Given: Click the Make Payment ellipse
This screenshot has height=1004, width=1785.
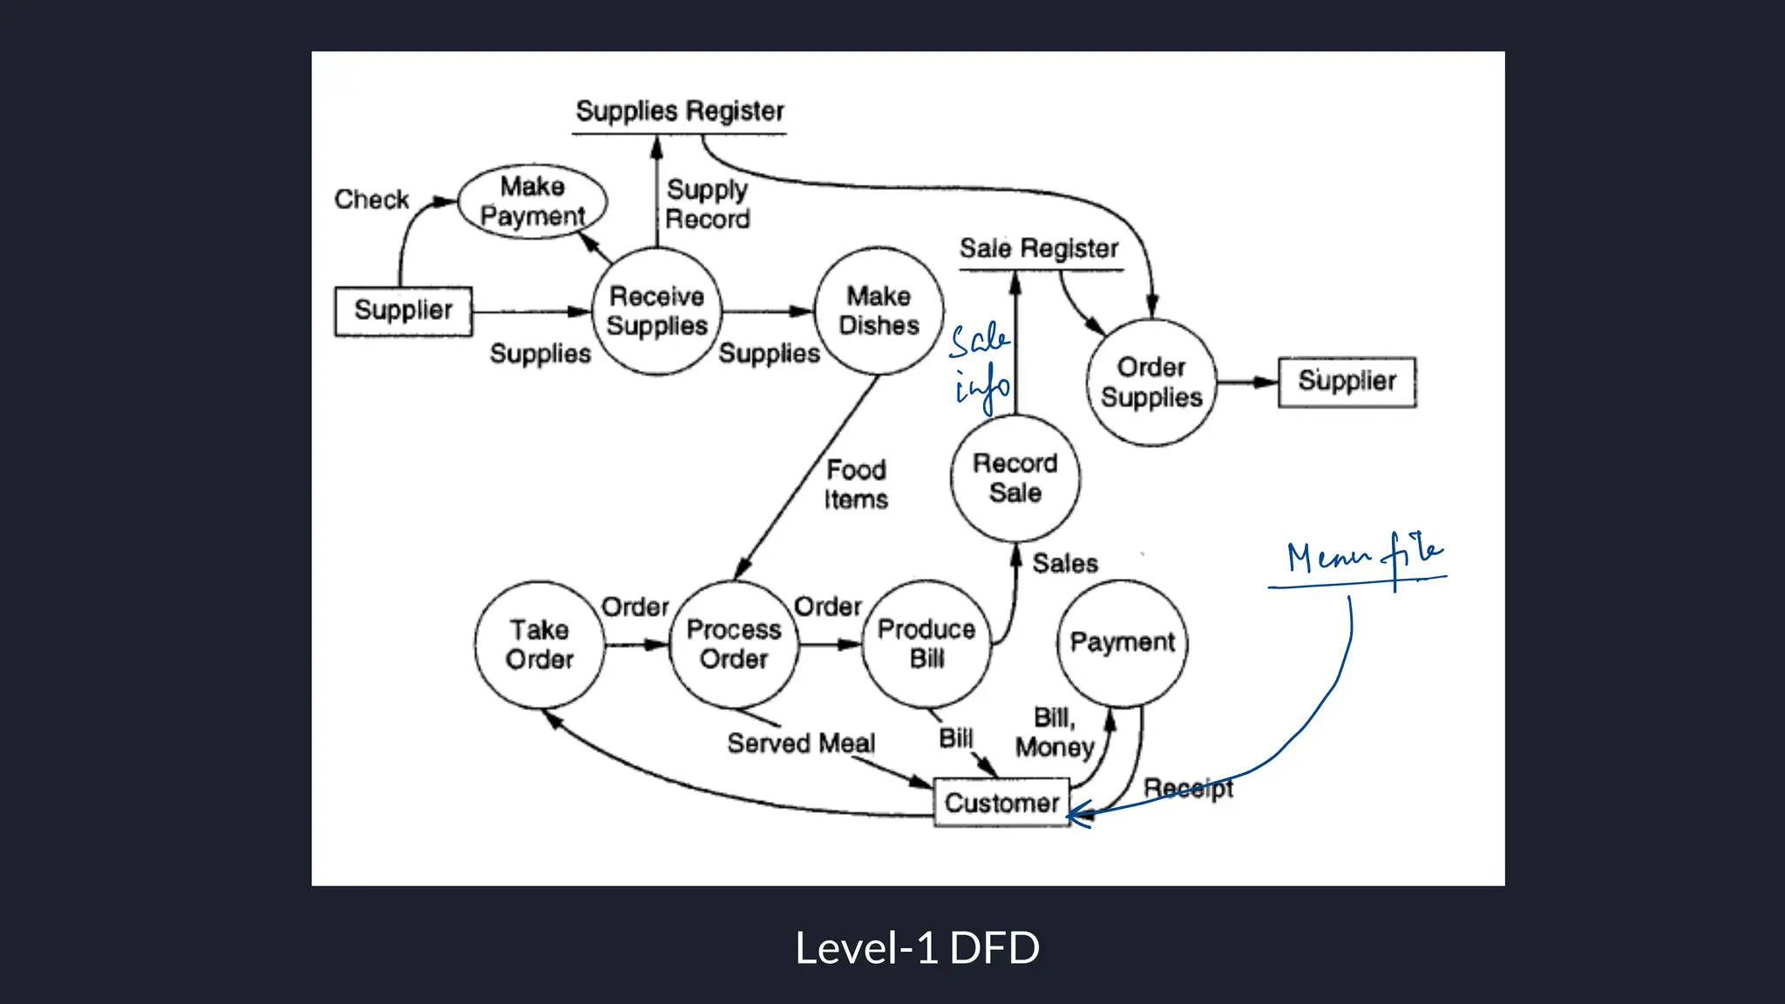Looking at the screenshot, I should pos(533,201).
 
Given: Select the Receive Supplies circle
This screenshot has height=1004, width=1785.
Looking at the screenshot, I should pos(657,311).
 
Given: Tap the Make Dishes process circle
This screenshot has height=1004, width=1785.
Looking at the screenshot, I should pos(879,311).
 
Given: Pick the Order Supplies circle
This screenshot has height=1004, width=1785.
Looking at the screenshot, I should pos(1151,382).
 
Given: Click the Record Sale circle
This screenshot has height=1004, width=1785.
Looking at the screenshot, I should pos(1015,478).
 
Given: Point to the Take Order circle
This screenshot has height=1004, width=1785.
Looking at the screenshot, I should pos(540,645).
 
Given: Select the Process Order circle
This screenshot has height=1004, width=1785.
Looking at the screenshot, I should pos(734,645).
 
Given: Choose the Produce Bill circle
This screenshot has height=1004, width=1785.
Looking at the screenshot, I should pos(926,644).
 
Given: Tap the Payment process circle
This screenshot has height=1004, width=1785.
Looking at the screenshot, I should pos(1123,643).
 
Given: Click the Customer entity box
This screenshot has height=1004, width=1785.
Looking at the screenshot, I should pos(1001,803).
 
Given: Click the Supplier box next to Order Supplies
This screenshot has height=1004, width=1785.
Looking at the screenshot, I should pos(1347,382).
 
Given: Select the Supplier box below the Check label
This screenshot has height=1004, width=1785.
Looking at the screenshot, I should pos(404,311).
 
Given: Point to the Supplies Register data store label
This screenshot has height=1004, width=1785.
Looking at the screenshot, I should pos(680,112).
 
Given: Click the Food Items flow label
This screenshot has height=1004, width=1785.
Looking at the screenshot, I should pos(856,485).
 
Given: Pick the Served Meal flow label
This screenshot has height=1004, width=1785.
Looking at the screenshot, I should pos(801,743).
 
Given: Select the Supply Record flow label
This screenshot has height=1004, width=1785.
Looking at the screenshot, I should pos(707,204).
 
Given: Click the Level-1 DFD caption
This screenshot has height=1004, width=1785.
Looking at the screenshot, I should pos(917,948).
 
